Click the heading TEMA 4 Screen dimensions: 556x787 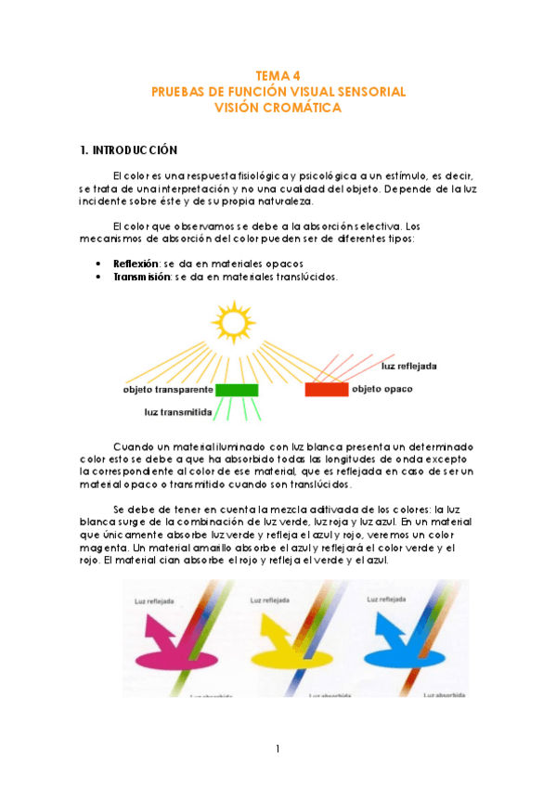[x=278, y=77]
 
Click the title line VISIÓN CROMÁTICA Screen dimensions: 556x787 [x=278, y=108]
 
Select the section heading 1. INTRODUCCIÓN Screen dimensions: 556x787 [x=128, y=148]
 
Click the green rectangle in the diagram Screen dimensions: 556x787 [x=237, y=390]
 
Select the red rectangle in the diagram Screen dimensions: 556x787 [x=326, y=389]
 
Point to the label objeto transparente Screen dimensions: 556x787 [x=169, y=390]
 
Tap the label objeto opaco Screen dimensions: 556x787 [x=382, y=389]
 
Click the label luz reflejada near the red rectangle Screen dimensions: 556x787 [x=409, y=366]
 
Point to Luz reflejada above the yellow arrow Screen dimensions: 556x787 [x=272, y=600]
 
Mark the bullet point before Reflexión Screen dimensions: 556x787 [x=98, y=264]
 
